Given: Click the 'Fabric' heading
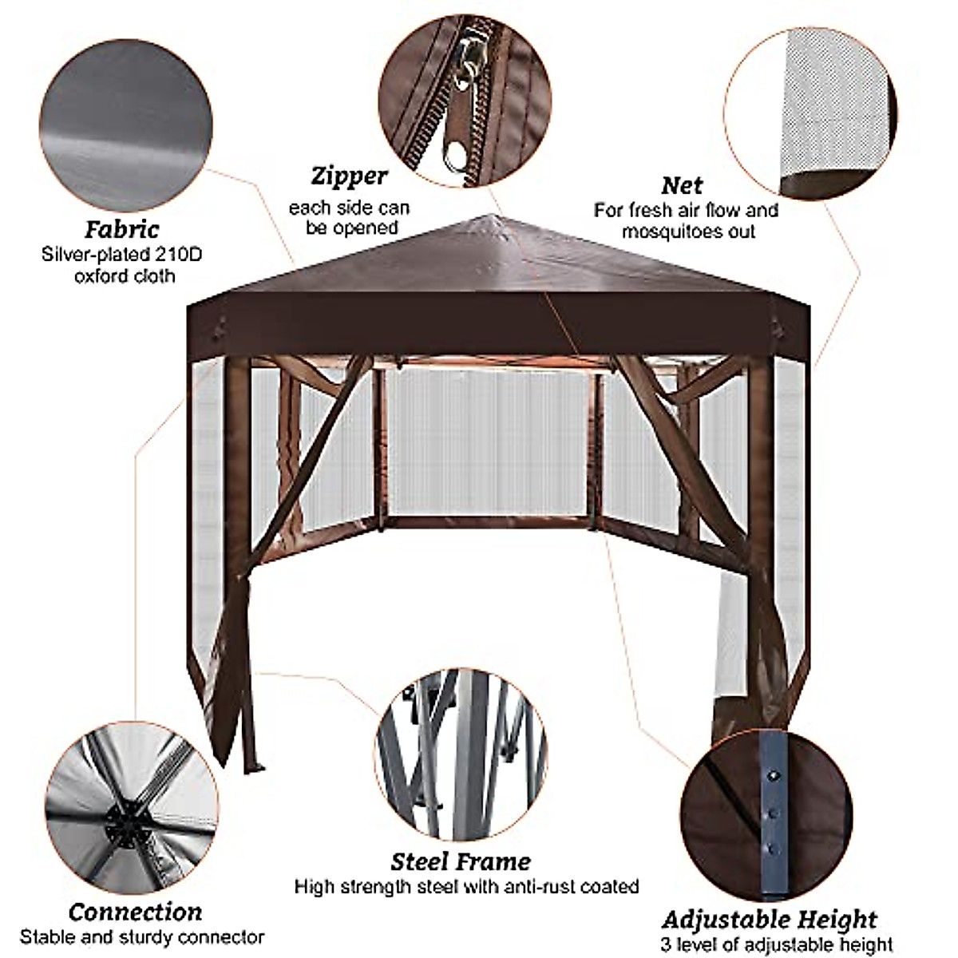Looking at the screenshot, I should (122, 230).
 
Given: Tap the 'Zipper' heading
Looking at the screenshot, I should (349, 176).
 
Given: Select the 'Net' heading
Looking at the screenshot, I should (682, 185).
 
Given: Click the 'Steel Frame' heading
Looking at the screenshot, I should (461, 861).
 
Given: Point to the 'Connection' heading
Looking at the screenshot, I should (135, 912).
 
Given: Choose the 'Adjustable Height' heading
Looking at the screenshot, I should (770, 919).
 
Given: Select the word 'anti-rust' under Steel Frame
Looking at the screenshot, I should (531, 886).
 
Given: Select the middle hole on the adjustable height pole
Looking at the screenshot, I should (772, 811).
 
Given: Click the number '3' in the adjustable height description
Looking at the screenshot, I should (666, 945).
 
